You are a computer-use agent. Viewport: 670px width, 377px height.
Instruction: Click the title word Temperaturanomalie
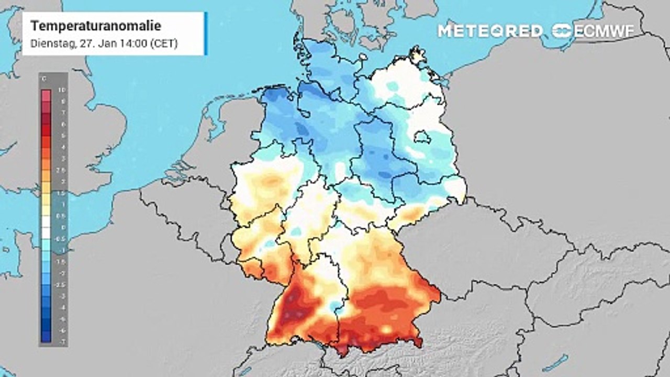point(96,26)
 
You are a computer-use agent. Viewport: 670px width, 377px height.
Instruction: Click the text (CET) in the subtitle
point(164,44)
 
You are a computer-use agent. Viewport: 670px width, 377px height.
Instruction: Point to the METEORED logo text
point(490,31)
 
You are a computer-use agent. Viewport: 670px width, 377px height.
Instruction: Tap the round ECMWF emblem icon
point(562,31)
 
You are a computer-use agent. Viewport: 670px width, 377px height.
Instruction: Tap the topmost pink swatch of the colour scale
point(46,95)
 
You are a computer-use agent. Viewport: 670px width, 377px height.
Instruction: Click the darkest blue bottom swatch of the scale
point(46,337)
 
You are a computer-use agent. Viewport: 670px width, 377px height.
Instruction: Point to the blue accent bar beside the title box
point(206,33)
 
